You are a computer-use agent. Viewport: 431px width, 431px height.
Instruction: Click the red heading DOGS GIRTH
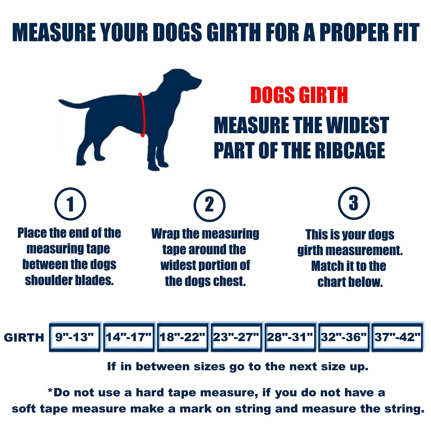pyautogui.click(x=299, y=95)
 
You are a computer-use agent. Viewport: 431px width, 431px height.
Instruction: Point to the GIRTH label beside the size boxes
pyautogui.click(x=24, y=338)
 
